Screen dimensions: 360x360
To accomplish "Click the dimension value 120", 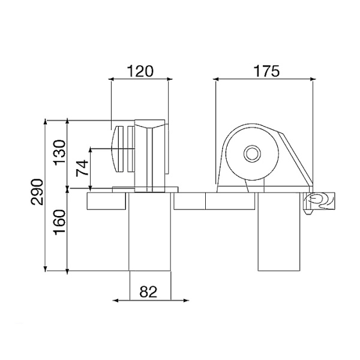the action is pyautogui.click(x=140, y=71).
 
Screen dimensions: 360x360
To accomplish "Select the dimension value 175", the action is pyautogui.click(x=266, y=71).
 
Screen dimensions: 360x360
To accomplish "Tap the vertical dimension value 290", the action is pyautogui.click(x=37, y=192).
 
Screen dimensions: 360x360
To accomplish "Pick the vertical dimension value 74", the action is pyautogui.click(x=82, y=168).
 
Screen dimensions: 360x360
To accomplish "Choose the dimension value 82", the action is pyautogui.click(x=148, y=292).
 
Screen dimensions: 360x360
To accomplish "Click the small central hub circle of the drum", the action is pyautogui.click(x=252, y=154).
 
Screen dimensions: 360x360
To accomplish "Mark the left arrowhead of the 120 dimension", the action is pyautogui.click(x=111, y=79).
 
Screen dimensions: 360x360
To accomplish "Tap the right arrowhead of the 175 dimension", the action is pyautogui.click(x=313, y=79).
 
